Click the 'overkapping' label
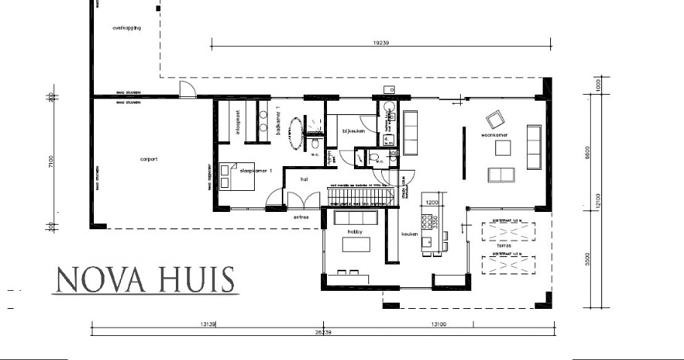tap(126, 28)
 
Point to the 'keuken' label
tap(410, 234)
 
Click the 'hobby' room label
tap(354, 232)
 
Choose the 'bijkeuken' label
tap(353, 130)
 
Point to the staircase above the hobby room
tap(361, 196)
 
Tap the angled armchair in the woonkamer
tap(495, 120)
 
